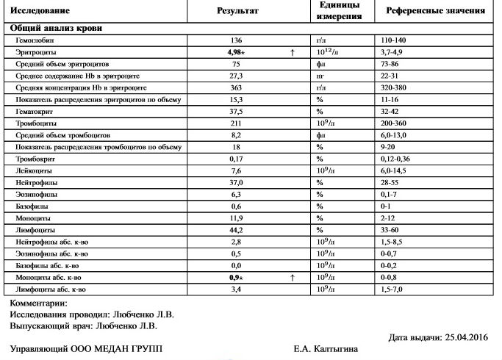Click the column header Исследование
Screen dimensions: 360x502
tap(41, 11)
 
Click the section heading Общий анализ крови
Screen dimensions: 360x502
tap(56, 28)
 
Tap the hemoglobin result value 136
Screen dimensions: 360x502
tap(236, 40)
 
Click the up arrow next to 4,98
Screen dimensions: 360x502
tap(292, 52)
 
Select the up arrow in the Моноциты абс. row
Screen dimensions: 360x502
tap(292, 277)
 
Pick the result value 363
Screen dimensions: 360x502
tap(236, 87)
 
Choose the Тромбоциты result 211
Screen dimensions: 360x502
tap(236, 123)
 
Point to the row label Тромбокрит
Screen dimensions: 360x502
tap(32, 159)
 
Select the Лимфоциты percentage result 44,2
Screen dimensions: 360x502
tap(236, 229)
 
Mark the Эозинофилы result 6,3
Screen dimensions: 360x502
tap(236, 194)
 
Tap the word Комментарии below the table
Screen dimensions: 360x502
tap(38, 303)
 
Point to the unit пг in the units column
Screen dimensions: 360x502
tap(320, 76)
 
